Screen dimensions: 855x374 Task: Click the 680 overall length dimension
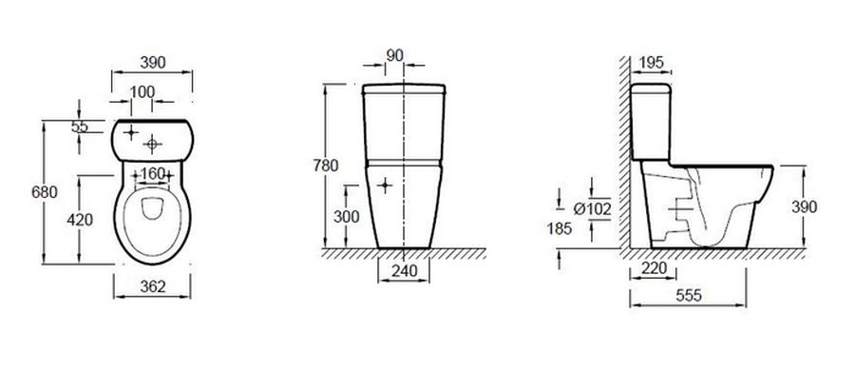point(44,192)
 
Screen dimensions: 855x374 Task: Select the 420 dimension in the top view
point(80,220)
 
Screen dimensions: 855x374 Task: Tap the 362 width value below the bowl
point(153,286)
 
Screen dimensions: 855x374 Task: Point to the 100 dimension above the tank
point(142,91)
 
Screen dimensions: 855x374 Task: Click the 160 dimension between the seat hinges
point(152,173)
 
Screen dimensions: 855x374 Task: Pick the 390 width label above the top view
point(153,63)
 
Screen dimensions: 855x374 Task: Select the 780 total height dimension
point(326,166)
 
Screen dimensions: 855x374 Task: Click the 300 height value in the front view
point(346,217)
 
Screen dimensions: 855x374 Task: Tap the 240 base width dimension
point(404,271)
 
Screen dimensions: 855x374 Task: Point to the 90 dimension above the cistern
point(394,55)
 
